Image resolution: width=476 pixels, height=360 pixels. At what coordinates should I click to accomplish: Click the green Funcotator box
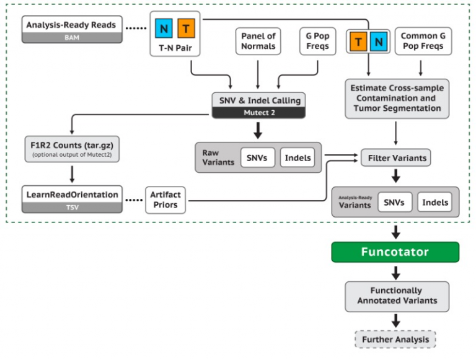tap(395, 253)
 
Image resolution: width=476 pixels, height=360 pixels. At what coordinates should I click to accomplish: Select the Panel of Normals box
tap(257, 42)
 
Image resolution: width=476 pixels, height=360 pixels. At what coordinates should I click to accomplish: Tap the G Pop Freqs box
tap(317, 42)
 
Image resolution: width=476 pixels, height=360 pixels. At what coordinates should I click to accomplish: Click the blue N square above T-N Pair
tap(164, 28)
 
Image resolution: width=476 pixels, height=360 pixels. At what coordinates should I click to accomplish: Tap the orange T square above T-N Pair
tap(187, 28)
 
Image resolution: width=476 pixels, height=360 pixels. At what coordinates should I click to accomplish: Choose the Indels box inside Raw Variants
tap(297, 158)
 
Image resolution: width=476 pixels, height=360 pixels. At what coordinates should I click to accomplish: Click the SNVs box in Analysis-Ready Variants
tap(395, 203)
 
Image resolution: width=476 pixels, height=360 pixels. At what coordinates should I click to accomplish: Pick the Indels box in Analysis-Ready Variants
tap(434, 203)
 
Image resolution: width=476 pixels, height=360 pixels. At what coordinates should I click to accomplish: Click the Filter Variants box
tap(395, 158)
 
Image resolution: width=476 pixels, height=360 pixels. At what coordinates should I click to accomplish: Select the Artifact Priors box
tap(165, 200)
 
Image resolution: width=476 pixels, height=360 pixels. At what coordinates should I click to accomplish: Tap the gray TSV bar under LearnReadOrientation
tap(72, 208)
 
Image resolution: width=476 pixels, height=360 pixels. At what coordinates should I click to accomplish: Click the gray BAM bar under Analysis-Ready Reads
tap(72, 38)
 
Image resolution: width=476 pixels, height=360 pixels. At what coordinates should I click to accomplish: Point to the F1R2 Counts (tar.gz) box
tap(72, 149)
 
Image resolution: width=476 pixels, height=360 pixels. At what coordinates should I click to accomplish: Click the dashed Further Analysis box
tap(395, 340)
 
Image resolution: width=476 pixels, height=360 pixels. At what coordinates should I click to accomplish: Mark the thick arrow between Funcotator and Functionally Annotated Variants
tap(395, 272)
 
